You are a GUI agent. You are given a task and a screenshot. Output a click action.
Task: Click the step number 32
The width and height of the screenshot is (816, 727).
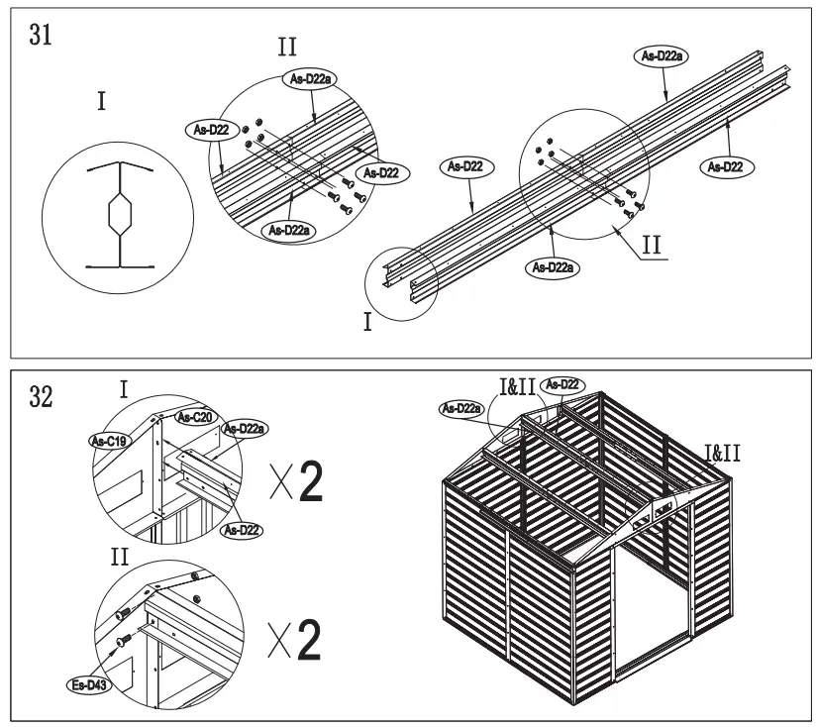[43, 395]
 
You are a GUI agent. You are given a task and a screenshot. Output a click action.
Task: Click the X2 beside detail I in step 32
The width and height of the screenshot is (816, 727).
[296, 480]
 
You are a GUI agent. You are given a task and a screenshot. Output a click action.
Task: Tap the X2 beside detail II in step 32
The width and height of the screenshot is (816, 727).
[296, 641]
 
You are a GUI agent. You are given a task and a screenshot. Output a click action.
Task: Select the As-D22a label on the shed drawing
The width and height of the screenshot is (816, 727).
[461, 407]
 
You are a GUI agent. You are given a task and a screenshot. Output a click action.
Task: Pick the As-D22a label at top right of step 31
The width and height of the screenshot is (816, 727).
[660, 56]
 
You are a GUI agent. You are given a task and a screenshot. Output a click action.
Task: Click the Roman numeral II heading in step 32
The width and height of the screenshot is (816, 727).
[120, 557]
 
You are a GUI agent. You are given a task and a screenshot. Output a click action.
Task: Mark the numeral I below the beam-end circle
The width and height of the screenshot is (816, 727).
[367, 324]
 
